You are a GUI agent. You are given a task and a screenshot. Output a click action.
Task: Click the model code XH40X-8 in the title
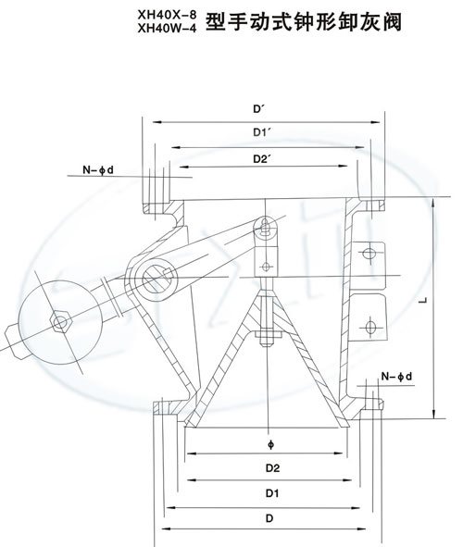tap(167, 15)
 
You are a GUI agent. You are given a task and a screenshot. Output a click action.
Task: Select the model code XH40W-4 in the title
tap(167, 29)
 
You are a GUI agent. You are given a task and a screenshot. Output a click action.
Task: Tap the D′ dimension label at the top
tap(259, 109)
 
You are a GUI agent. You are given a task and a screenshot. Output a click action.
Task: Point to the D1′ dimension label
tap(262, 132)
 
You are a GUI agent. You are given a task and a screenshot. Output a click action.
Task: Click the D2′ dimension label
tap(262, 159)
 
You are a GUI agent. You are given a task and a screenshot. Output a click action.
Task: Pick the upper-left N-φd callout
tap(98, 170)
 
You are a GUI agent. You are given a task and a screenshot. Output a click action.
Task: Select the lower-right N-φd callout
tap(396, 377)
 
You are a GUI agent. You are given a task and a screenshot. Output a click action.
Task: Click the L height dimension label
tap(423, 300)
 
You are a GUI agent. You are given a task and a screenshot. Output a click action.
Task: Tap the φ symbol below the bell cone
tap(271, 445)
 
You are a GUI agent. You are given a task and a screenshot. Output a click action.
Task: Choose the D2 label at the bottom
tap(273, 467)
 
